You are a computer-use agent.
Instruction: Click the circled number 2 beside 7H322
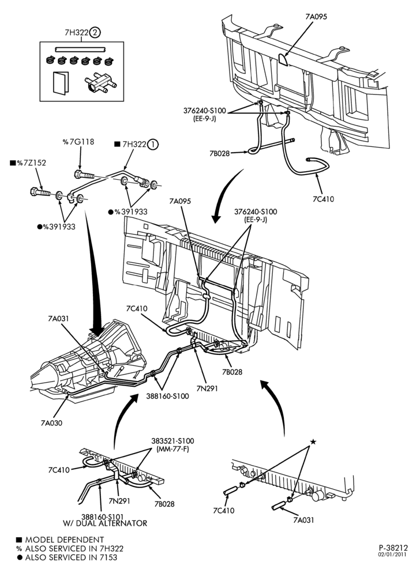(95, 33)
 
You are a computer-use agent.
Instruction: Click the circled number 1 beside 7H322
(153, 145)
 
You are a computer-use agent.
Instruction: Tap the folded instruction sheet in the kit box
(60, 83)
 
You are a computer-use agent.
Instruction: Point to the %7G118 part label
(78, 142)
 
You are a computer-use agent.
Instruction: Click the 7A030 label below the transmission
(51, 423)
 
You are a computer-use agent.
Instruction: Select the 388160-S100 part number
(167, 396)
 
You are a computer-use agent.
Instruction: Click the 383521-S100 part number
(172, 441)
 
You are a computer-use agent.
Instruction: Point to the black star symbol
(313, 442)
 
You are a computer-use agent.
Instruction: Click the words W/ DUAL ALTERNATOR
(105, 523)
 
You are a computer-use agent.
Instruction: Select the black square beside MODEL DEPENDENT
(19, 540)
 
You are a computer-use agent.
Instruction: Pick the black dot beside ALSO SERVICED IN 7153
(19, 557)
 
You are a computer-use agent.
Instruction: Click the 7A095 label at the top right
(316, 17)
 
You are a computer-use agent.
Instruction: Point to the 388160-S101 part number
(103, 516)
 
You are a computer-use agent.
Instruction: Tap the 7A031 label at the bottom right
(303, 520)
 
